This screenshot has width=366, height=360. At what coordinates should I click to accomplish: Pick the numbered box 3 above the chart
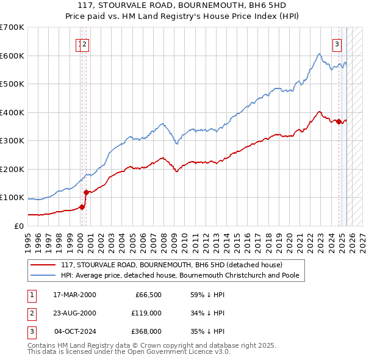[336, 44]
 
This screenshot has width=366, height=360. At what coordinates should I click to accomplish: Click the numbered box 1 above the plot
[80, 44]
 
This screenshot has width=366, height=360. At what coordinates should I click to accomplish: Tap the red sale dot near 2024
[339, 121]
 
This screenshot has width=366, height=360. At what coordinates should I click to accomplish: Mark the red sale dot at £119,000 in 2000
[86, 192]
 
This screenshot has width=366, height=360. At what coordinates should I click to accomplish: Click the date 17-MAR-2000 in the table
[74, 295]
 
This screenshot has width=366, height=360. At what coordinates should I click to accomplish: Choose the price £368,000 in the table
[146, 331]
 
